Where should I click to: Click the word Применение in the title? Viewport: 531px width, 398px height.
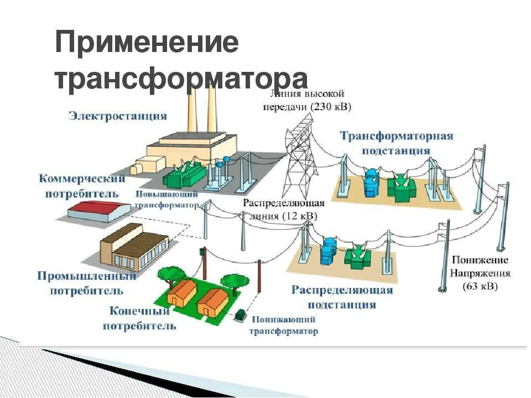147,43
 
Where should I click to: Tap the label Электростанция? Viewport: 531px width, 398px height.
117,116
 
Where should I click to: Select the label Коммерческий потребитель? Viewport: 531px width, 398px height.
82,186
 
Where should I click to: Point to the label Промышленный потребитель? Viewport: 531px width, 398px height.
87,282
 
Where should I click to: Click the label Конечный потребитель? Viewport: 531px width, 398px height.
139,318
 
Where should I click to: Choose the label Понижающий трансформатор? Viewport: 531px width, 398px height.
283,326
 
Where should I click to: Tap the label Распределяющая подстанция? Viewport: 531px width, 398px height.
342,297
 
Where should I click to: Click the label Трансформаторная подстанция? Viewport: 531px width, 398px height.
396,143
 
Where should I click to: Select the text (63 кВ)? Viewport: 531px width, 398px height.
480,286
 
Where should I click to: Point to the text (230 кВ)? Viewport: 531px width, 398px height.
331,106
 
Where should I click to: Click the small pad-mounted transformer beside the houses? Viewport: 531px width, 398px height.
241,315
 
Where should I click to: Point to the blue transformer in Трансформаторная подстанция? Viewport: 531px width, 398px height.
371,183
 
